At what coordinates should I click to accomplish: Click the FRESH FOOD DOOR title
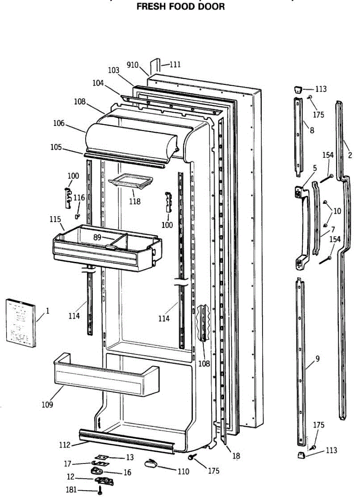(x=181, y=7)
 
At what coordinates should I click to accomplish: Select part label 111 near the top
(x=175, y=64)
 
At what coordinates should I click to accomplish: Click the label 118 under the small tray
(x=135, y=201)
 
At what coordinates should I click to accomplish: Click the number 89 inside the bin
(x=97, y=237)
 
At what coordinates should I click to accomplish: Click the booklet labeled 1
(x=20, y=323)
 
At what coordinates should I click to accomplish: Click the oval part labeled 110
(x=151, y=463)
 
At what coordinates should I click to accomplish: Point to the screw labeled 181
(x=100, y=492)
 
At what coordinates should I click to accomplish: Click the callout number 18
(x=236, y=456)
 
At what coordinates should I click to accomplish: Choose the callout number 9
(x=318, y=358)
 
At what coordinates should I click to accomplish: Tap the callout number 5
(x=315, y=168)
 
